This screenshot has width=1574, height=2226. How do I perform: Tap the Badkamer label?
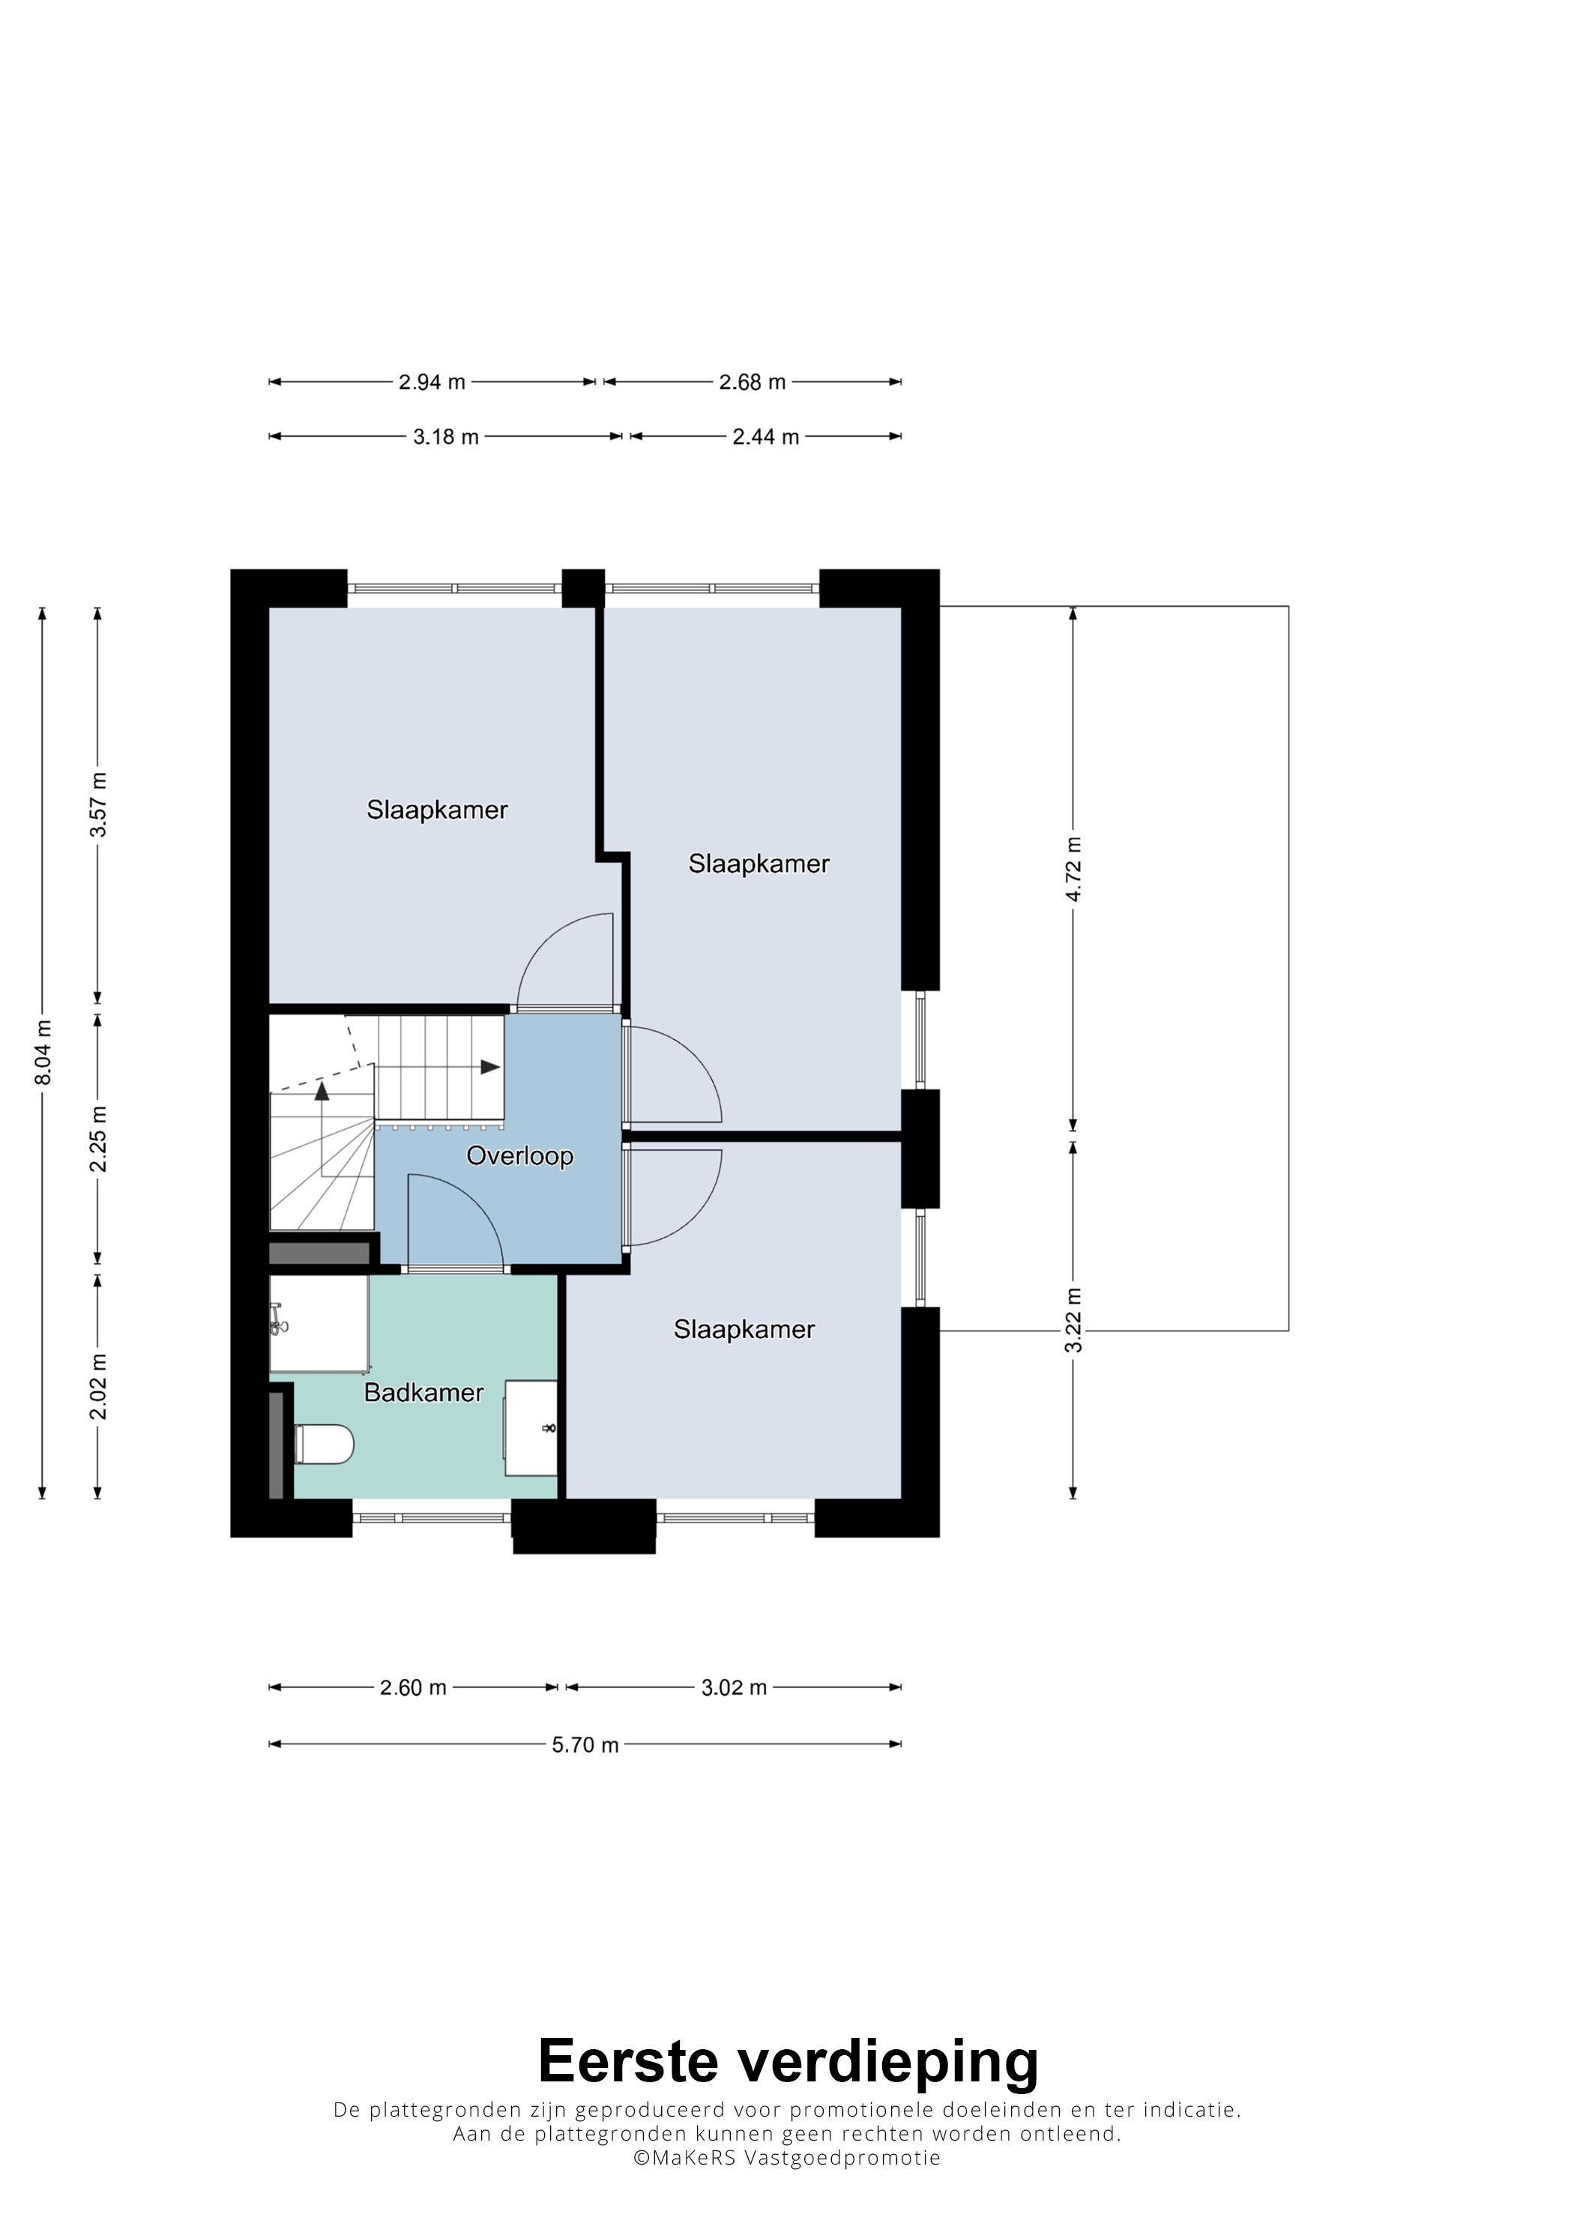pyautogui.click(x=423, y=1392)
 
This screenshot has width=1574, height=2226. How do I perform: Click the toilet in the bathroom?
pyautogui.click(x=325, y=1444)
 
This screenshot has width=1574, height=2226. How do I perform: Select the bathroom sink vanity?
pyautogui.click(x=531, y=1428)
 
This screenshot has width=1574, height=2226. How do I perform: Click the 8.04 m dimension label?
pyautogui.click(x=43, y=1053)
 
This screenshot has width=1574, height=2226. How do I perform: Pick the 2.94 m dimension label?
pyautogui.click(x=432, y=382)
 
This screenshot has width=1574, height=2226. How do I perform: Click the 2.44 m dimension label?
pyautogui.click(x=765, y=438)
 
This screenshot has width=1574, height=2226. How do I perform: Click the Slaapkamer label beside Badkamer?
pyautogui.click(x=744, y=1329)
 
